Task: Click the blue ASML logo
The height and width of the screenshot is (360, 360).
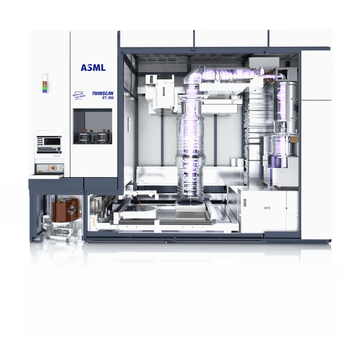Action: (93, 68)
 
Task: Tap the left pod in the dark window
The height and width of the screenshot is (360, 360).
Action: (84, 137)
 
